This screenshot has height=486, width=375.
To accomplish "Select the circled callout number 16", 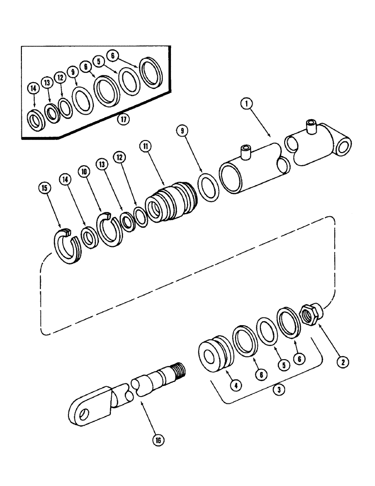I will [x=157, y=440].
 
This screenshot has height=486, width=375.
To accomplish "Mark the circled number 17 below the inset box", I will [x=125, y=120].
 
